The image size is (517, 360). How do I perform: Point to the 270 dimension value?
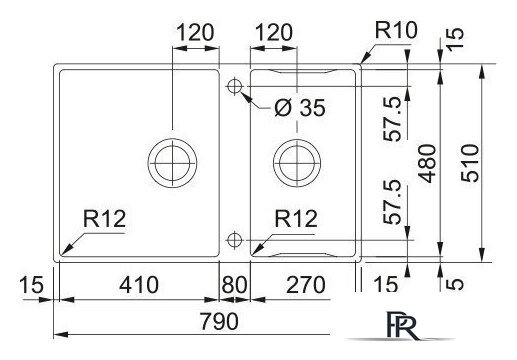[x=303, y=285]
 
